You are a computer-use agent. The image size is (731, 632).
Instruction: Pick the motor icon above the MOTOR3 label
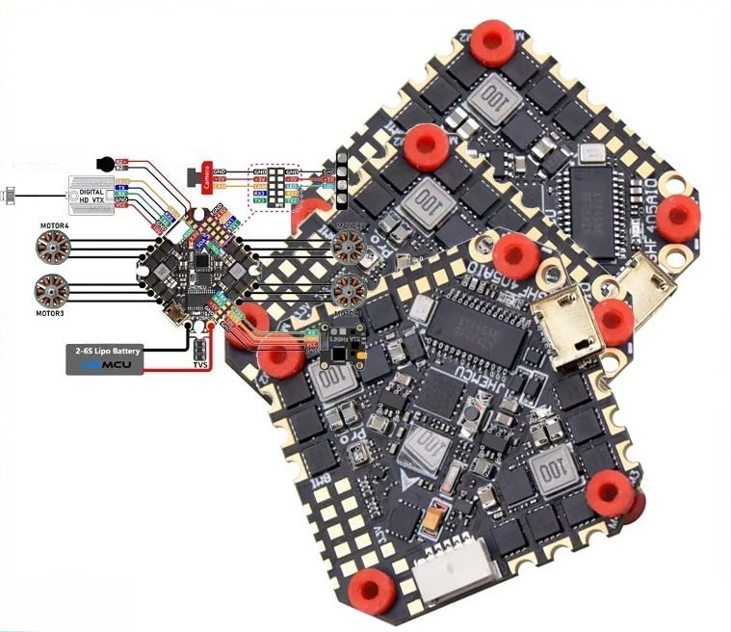point(52,289)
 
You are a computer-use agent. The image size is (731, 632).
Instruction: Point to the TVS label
point(199,366)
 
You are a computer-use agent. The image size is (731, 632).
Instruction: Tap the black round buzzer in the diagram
point(106,165)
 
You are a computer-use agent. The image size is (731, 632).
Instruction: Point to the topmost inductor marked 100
point(492,96)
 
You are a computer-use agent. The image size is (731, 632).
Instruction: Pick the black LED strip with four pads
point(341,181)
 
